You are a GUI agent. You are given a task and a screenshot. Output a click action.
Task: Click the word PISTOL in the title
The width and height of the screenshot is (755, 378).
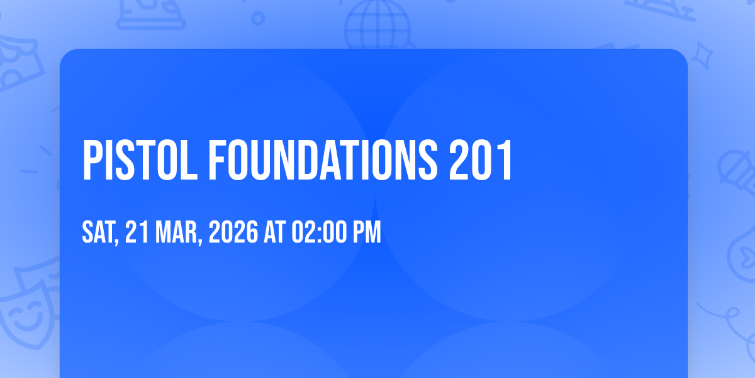tap(140, 160)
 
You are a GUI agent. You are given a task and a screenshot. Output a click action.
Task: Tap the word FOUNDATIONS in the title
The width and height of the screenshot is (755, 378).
tap(323, 160)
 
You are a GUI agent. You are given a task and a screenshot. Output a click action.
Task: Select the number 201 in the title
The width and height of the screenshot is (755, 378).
tap(481, 160)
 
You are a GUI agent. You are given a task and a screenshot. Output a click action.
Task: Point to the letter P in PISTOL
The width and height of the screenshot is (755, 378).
tap(92, 160)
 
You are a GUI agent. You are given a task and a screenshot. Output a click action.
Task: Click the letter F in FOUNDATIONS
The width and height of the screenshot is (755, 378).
tap(218, 160)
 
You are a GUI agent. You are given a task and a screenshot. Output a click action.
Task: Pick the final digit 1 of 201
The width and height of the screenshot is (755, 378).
tap(506, 160)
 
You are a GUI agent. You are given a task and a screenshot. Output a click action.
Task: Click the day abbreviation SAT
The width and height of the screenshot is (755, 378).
tap(98, 232)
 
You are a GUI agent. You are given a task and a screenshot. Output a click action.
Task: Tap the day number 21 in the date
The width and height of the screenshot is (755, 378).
tap(137, 232)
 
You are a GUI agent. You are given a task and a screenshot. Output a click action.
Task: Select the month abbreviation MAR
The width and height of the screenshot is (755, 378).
tap(176, 232)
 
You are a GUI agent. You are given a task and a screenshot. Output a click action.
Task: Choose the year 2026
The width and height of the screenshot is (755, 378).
tap(233, 232)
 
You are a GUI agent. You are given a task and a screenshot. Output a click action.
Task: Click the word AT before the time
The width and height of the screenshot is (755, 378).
tap(275, 232)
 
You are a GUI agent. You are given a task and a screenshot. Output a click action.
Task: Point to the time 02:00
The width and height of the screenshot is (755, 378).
tap(319, 232)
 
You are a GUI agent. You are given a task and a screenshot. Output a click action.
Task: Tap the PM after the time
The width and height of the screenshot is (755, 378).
tap(367, 232)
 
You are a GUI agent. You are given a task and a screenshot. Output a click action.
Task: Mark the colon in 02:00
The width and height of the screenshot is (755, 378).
tap(319, 234)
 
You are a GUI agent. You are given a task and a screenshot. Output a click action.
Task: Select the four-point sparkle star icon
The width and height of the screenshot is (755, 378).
tap(702, 55)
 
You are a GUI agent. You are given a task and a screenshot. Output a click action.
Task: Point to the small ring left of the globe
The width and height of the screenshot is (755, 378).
tap(258, 18)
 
